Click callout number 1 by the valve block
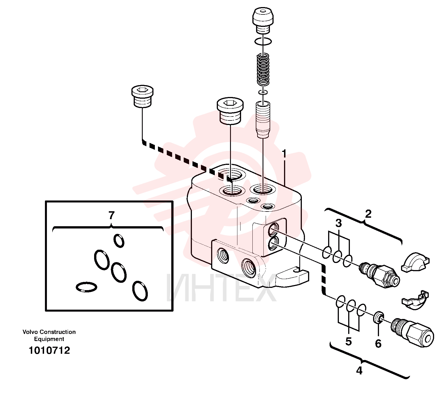coord(284,154)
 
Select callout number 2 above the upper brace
coord(368,214)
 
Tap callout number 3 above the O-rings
coord(339,223)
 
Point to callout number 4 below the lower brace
coord(359,370)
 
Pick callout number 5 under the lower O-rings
coord(348,341)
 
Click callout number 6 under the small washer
coord(378,344)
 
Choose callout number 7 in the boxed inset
coord(112,215)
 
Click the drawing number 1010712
coord(49,351)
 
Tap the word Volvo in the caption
coord(30,332)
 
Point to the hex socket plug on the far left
coord(142,97)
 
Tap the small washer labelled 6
coord(378,318)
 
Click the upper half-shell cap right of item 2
coord(415,263)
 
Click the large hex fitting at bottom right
coord(412,331)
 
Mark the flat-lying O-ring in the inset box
coord(86,287)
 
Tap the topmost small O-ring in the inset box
coord(119,241)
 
